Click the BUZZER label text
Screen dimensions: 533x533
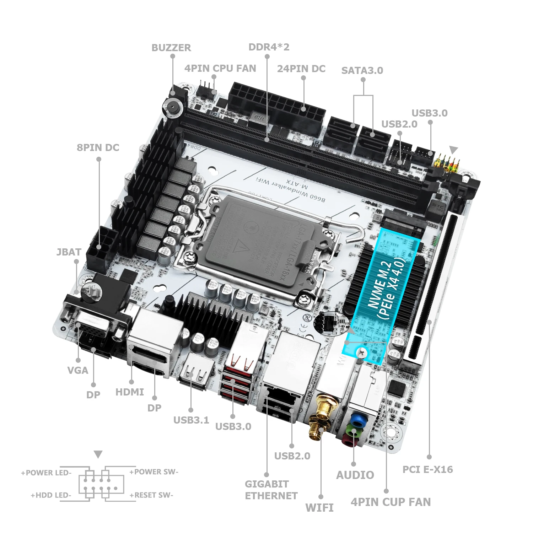171,48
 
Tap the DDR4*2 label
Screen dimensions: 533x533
269,47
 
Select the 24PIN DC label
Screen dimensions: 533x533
301,69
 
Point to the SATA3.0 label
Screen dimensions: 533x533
362,70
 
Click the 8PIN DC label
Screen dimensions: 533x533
98,147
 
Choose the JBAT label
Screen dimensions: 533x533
69,252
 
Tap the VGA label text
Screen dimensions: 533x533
77,370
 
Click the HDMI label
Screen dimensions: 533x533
130,392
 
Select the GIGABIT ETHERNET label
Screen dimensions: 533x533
271,490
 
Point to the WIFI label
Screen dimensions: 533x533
319,507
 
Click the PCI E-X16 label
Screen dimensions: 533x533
427,469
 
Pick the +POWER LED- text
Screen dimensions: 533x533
46,473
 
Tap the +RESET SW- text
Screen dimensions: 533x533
151,495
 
